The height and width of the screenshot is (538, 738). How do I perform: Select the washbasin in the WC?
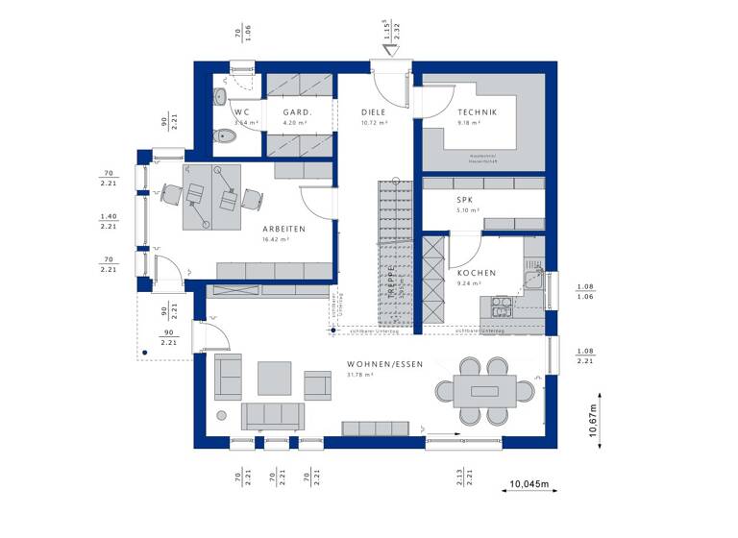tap(220, 97)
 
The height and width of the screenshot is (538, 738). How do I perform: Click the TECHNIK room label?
tap(477, 113)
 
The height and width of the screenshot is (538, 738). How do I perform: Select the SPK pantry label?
tap(467, 200)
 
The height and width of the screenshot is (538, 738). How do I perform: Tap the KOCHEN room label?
tap(476, 273)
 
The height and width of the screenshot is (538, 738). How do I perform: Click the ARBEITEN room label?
tap(283, 229)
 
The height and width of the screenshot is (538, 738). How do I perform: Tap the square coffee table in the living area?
tap(275, 378)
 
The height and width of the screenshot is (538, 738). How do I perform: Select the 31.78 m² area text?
tap(358, 375)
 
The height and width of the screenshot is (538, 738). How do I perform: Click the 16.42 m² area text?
tap(277, 239)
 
